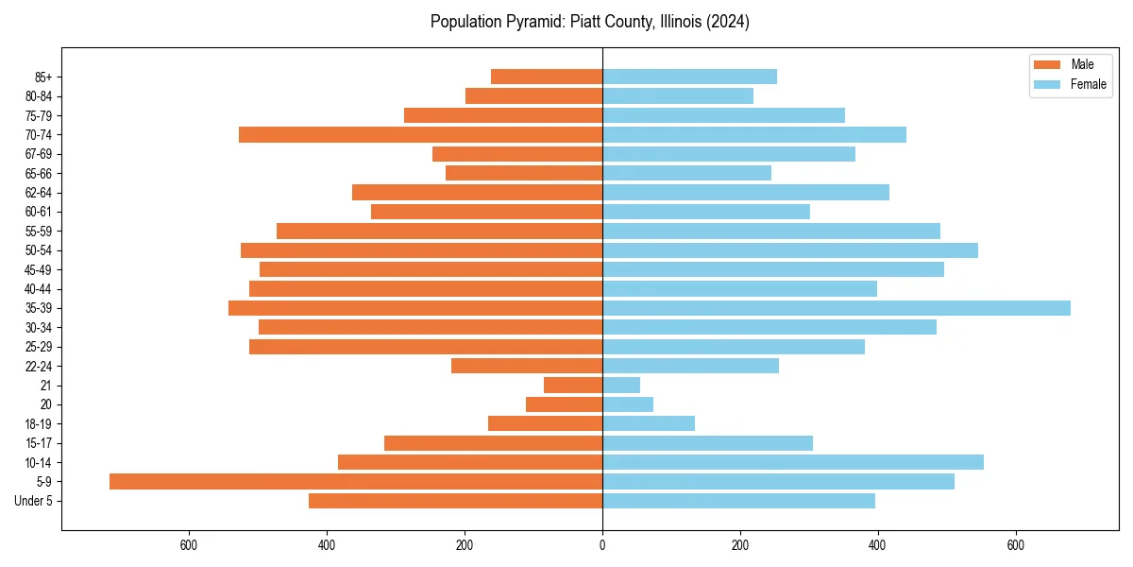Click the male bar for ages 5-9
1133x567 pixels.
point(356,482)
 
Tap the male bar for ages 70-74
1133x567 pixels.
point(420,135)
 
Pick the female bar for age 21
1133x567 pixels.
point(621,386)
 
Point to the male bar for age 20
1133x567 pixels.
point(564,404)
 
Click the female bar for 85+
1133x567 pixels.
point(689,77)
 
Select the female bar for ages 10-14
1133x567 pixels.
point(793,462)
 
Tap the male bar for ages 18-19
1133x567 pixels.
point(545,423)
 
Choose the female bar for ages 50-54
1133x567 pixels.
point(790,250)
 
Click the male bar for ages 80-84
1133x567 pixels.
point(533,96)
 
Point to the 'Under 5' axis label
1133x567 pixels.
point(33,501)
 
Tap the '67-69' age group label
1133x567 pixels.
point(39,154)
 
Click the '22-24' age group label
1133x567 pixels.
point(39,366)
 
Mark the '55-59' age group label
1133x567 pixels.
point(39,232)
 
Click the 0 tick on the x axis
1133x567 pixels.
point(602,545)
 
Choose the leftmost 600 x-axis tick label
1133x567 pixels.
point(189,545)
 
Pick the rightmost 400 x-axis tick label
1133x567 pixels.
point(878,545)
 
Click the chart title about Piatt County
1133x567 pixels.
point(589,22)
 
